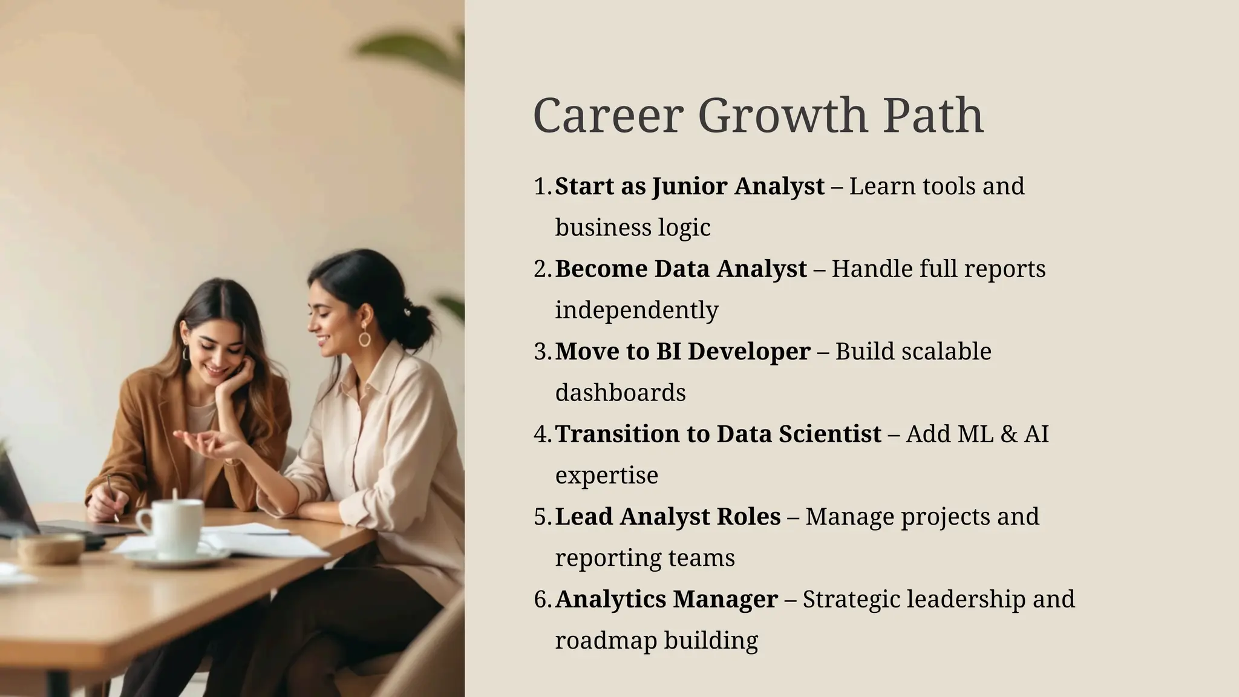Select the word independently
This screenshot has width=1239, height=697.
pos(636,310)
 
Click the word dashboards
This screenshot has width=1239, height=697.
pos(620,393)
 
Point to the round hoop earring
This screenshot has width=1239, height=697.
pos(364,338)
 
